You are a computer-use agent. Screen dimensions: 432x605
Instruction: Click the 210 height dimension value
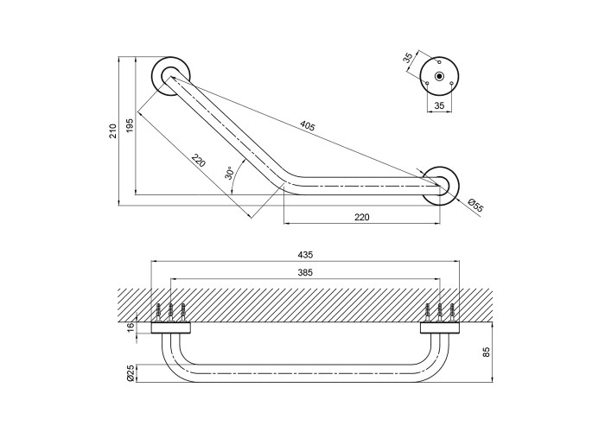[x=112, y=130]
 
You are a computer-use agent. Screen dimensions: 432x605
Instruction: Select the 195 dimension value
[x=130, y=124]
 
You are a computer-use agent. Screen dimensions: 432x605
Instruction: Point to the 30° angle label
[x=228, y=172]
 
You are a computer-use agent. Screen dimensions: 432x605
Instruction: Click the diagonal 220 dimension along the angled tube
[x=198, y=161]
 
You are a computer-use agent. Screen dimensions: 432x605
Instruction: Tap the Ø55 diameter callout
[x=474, y=205]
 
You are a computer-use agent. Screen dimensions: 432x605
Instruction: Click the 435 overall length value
[x=304, y=255]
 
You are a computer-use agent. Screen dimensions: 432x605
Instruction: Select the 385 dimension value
[x=304, y=272]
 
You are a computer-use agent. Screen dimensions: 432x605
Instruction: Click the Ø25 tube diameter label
[x=131, y=373]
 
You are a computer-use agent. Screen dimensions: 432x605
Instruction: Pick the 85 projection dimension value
[x=487, y=353]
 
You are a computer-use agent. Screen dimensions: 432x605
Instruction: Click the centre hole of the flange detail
[x=439, y=77]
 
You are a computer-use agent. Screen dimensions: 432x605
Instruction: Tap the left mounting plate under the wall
[x=171, y=327]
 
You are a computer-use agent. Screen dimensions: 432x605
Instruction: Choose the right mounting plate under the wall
[x=439, y=327]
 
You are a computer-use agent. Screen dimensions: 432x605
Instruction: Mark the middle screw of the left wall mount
[x=171, y=310]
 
